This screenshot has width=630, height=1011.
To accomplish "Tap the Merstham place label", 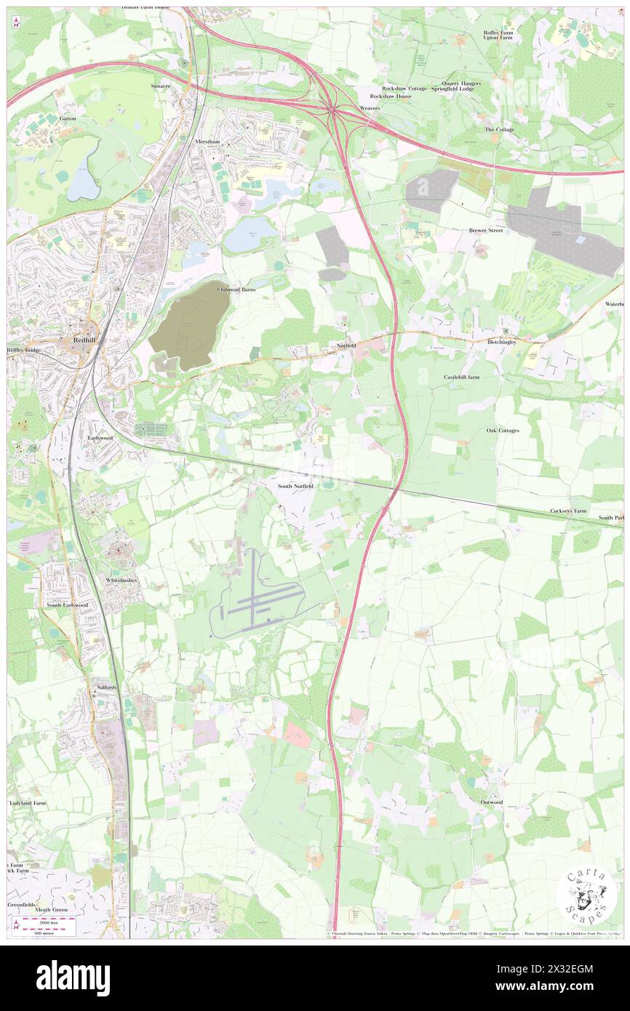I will point(207,142).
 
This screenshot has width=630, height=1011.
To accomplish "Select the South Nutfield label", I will point(295,485).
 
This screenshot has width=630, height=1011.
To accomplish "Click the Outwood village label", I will point(491,802).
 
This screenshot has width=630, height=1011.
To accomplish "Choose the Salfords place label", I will point(106,687).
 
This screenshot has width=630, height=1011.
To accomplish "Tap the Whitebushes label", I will point(121,580).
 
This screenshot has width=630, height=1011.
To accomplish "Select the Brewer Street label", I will point(486,231).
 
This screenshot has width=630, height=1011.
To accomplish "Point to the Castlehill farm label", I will point(462,377).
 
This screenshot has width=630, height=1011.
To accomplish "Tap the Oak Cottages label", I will point(503,431).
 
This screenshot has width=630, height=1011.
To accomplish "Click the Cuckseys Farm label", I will point(568,511).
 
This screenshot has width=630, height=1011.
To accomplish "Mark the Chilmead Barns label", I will point(237,289).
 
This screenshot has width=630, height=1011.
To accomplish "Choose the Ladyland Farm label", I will point(28,803).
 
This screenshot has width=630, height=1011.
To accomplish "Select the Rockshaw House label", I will point(391,96).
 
